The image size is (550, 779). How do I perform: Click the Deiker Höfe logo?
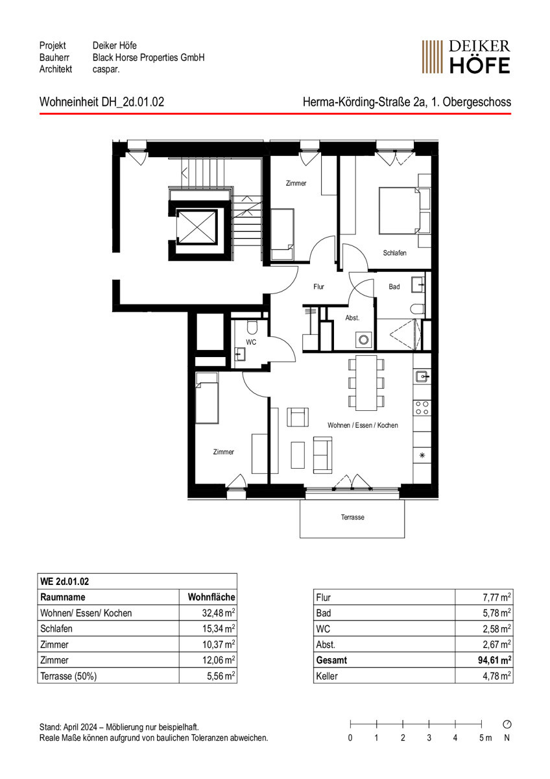(x=466, y=56)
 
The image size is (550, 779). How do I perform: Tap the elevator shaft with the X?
(x=197, y=227)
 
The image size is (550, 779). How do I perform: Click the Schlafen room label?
(x=394, y=253)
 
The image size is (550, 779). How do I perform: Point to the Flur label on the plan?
(x=318, y=286)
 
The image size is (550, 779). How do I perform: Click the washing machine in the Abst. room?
(x=364, y=340)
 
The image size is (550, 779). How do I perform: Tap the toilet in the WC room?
(x=252, y=327)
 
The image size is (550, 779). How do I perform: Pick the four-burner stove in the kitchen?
(x=422, y=408)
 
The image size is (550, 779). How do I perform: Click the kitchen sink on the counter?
(x=422, y=377)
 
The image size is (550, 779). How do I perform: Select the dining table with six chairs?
(x=366, y=383)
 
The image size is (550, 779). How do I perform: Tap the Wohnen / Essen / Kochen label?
(x=363, y=425)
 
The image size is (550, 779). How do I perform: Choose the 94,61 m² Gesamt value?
(x=494, y=660)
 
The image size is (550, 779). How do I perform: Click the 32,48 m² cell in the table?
(x=219, y=612)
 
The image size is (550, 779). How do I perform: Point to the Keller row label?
(x=327, y=676)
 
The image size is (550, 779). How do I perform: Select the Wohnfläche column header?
(x=211, y=597)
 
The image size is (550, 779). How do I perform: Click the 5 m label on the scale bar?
(x=485, y=737)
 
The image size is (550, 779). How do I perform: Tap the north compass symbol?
(x=507, y=724)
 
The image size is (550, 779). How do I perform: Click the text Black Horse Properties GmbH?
(x=149, y=57)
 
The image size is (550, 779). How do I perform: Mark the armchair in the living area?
(x=298, y=417)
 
